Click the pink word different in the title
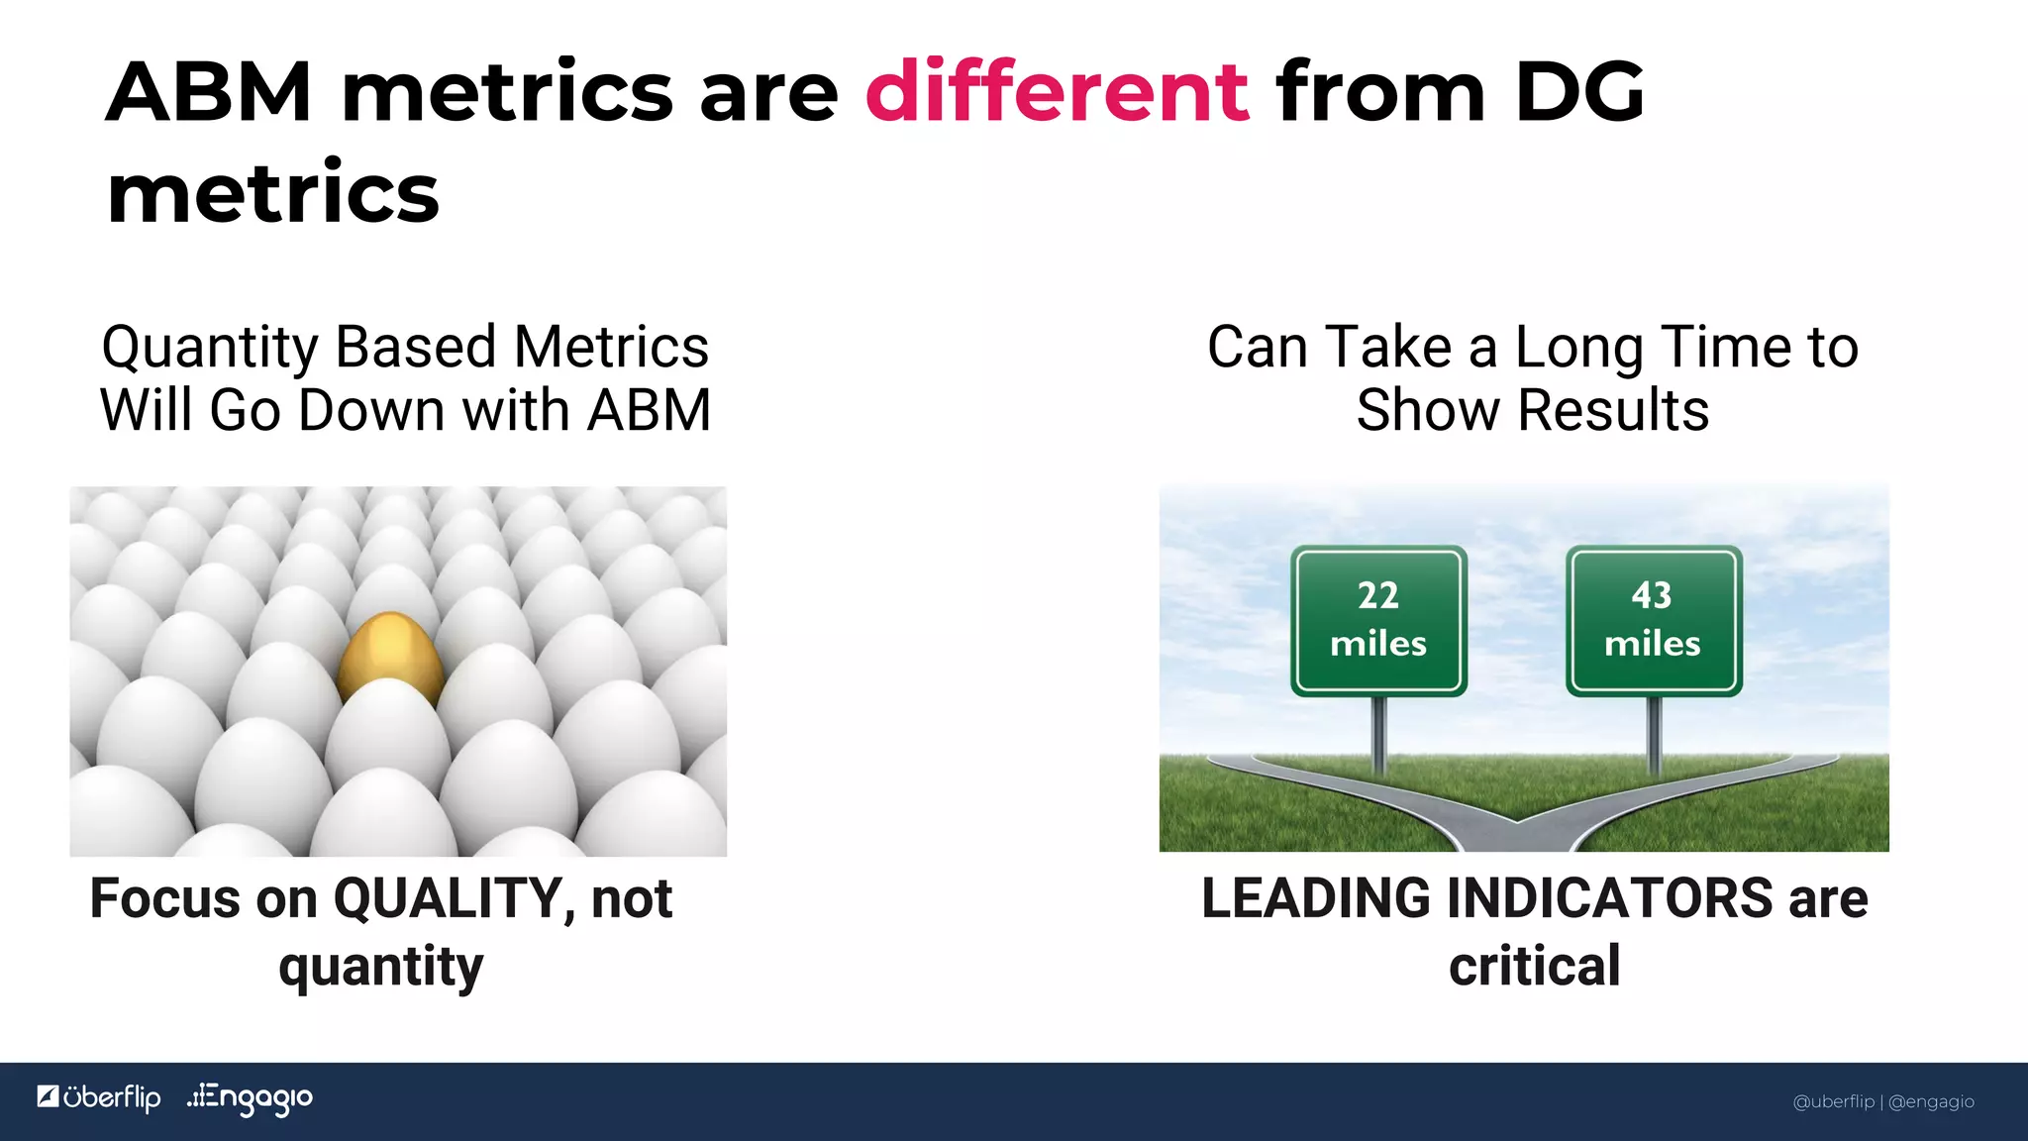pyautogui.click(x=1057, y=92)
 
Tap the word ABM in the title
pyautogui.click(x=209, y=92)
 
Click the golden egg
pyautogui.click(x=390, y=658)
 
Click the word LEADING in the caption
pyautogui.click(x=1316, y=899)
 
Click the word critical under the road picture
pyautogui.click(x=1534, y=967)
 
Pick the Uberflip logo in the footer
pyautogui.click(x=99, y=1097)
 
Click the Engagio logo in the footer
pyautogui.click(x=251, y=1098)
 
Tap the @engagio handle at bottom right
pyautogui.click(x=1931, y=1101)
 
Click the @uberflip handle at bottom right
pyautogui.click(x=1834, y=1101)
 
